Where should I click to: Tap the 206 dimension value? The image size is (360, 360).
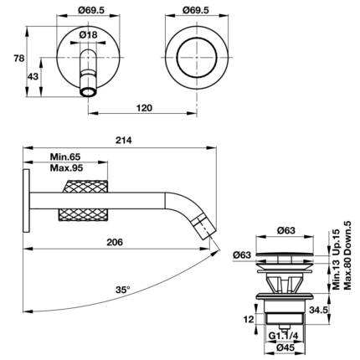pyautogui.click(x=116, y=243)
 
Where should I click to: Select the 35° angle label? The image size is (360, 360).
pyautogui.click(x=123, y=290)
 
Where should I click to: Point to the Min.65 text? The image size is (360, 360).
pyautogui.click(x=65, y=157)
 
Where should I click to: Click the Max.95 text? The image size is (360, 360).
pyautogui.click(x=65, y=168)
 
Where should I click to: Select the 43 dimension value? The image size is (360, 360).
pyautogui.click(x=33, y=76)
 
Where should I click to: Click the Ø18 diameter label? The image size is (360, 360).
pyautogui.click(x=90, y=36)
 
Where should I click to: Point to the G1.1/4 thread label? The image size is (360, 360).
pyautogui.click(x=286, y=336)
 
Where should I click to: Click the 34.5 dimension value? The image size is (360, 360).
pyautogui.click(x=340, y=310)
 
